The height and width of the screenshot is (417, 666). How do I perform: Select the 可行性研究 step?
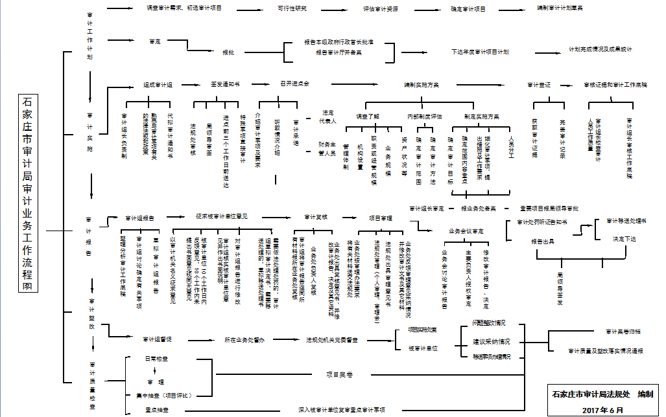click(292, 9)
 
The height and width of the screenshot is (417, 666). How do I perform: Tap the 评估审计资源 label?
click(381, 10)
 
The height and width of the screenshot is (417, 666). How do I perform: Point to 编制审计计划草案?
click(560, 8)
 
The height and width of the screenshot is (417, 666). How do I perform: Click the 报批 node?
click(228, 52)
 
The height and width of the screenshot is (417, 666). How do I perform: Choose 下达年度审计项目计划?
click(480, 51)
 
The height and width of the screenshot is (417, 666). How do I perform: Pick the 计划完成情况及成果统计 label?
click(600, 49)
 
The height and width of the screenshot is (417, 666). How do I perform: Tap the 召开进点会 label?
click(294, 84)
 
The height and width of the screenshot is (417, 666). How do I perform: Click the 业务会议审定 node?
click(466, 231)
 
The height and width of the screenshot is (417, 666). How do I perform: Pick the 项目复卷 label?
click(339, 374)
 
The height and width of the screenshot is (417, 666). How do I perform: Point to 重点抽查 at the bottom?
click(157, 409)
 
